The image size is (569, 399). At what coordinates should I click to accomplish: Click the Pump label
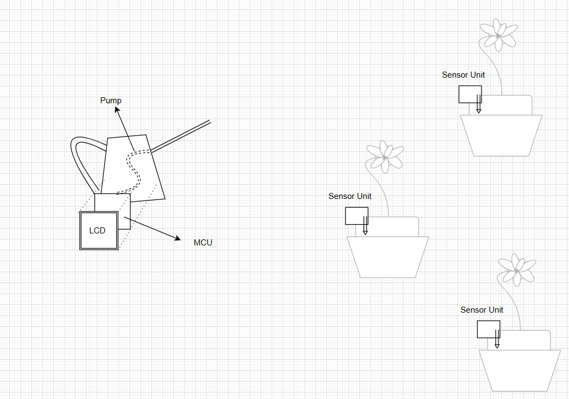point(111,101)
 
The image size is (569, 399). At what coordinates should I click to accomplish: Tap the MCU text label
point(203,243)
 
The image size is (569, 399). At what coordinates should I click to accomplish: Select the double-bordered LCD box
point(99,231)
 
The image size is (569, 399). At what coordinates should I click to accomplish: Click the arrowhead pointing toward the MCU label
point(177,238)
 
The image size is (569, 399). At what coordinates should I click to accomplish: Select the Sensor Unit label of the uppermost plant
point(463,75)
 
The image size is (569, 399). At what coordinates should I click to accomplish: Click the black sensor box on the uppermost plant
point(470,94)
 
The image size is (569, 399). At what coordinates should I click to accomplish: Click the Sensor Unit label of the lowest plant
point(482,310)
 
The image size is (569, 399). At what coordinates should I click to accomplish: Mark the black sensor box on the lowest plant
point(488,329)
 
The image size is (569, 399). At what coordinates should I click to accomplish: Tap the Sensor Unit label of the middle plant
point(350,196)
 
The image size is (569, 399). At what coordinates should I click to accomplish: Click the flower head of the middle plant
point(385,156)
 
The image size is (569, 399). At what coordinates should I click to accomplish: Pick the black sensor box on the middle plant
point(356,215)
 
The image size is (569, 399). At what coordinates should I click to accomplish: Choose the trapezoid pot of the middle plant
point(388,256)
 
